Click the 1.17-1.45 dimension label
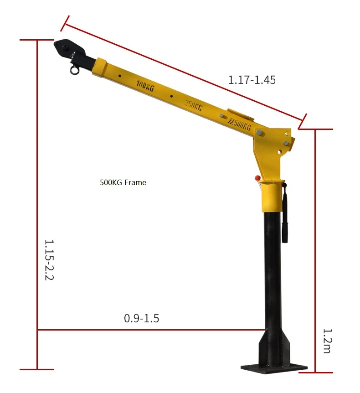click(252, 80)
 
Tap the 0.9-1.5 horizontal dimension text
click(141, 318)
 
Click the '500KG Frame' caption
click(123, 182)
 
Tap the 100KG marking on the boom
click(145, 86)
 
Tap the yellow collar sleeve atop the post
click(272, 196)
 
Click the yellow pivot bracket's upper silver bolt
click(260, 133)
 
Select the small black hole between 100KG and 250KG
click(171, 96)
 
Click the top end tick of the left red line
click(37, 40)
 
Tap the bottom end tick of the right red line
click(316, 372)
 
